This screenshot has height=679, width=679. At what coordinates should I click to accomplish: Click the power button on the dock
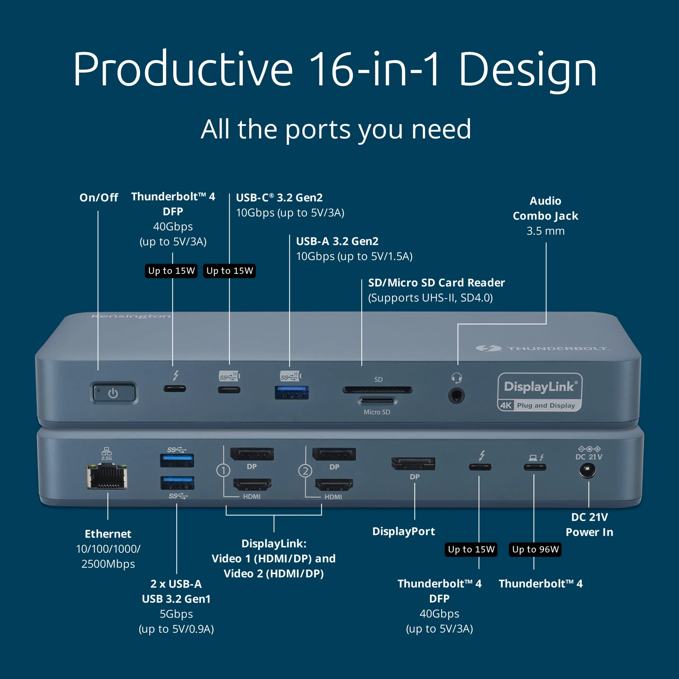pyautogui.click(x=114, y=393)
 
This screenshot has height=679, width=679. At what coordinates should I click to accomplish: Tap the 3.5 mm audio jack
pyautogui.click(x=456, y=396)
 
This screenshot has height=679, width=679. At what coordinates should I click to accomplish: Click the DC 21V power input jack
pyautogui.click(x=587, y=470)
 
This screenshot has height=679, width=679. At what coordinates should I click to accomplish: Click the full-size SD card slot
pyautogui.click(x=377, y=389)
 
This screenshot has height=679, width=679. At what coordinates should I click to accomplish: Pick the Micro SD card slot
pyautogui.click(x=377, y=400)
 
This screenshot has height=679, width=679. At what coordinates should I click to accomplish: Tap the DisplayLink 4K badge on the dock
pyautogui.click(x=540, y=392)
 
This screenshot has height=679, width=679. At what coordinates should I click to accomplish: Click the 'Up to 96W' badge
pyautogui.click(x=535, y=549)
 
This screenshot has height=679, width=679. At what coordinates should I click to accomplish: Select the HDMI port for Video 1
pyautogui.click(x=252, y=485)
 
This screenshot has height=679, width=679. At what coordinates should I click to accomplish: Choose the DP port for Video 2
pyautogui.click(x=334, y=454)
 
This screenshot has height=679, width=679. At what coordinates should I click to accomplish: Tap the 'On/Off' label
pyautogui.click(x=99, y=198)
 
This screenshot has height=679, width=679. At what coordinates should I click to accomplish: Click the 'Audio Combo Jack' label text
pyautogui.click(x=545, y=208)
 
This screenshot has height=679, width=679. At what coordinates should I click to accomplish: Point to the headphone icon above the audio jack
pyautogui.click(x=456, y=378)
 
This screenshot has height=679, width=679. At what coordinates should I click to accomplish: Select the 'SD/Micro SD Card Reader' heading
pyautogui.click(x=436, y=282)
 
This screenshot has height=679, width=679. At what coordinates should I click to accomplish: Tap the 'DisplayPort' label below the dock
pyautogui.click(x=403, y=531)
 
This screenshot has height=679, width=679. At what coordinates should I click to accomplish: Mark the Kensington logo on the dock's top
pyautogui.click(x=131, y=316)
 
